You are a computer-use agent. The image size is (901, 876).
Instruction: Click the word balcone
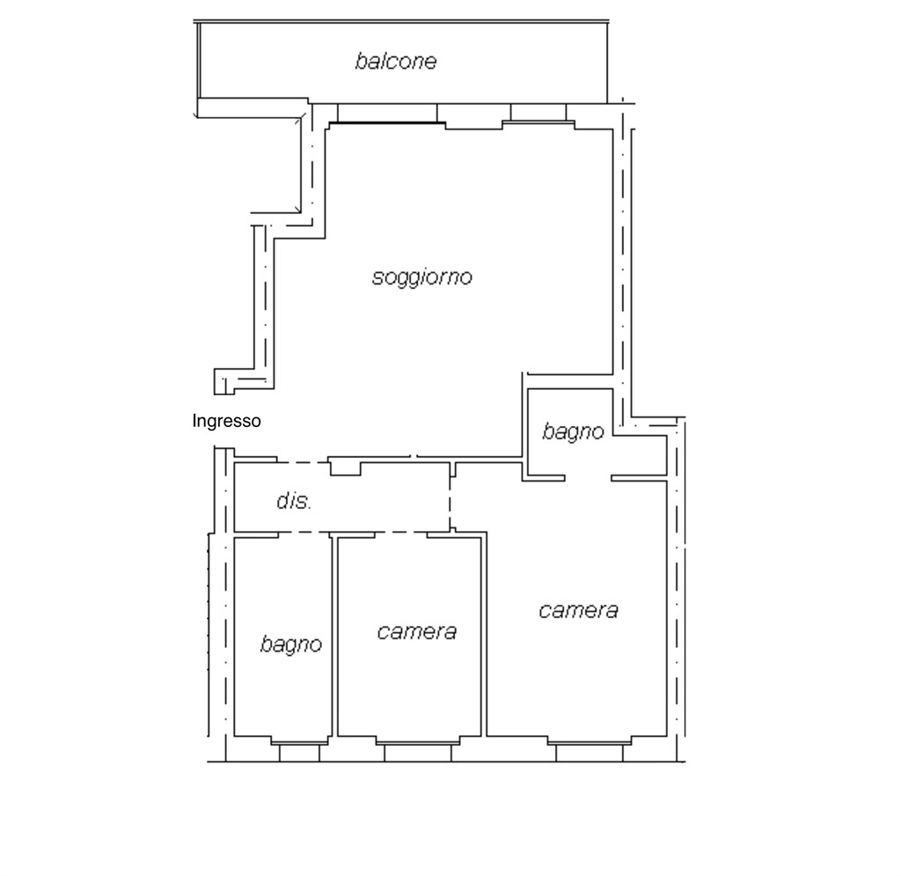[396, 62]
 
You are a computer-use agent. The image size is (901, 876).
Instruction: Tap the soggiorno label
[421, 278]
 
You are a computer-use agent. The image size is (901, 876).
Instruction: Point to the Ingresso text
[226, 422]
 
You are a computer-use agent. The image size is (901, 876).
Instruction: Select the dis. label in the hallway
[294, 502]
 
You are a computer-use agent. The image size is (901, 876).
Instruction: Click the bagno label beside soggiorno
[573, 432]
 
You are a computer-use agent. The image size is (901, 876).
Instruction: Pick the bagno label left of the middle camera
[290, 644]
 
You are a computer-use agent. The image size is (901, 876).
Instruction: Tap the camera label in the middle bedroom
[416, 631]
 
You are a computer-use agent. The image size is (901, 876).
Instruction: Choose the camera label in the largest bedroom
[578, 610]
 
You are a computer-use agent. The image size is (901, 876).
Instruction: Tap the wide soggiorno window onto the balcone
[387, 114]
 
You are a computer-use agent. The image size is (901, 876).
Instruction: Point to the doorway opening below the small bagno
[588, 478]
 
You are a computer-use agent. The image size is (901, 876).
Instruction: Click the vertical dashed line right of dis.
[450, 498]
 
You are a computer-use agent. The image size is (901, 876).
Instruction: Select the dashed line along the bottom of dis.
[343, 533]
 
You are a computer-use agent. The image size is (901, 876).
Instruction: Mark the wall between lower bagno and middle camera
[334, 634]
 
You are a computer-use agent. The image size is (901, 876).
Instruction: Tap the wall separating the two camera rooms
[485, 634]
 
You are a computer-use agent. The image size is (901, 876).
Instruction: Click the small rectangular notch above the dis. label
[345, 467]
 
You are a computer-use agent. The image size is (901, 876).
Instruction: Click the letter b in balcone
[360, 62]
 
